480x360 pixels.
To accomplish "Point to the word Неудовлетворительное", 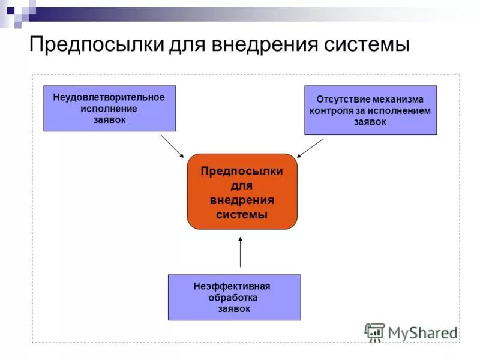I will coord(109,97).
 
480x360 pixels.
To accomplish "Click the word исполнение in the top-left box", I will coord(109,109).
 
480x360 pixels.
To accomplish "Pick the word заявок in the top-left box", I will coord(109,119).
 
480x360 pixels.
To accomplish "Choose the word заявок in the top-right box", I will coord(370,121).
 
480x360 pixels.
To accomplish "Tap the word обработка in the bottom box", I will coord(233,298).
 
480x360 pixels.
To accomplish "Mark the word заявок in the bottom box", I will coord(234,308).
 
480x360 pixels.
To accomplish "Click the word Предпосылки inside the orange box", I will coord(242,172).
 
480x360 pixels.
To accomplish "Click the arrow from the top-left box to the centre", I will coord(173,146).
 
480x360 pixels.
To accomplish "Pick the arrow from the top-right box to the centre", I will coord(310,148).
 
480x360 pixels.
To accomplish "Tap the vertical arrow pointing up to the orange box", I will coord(241,252).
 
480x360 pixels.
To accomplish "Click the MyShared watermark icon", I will coord(375,332).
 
